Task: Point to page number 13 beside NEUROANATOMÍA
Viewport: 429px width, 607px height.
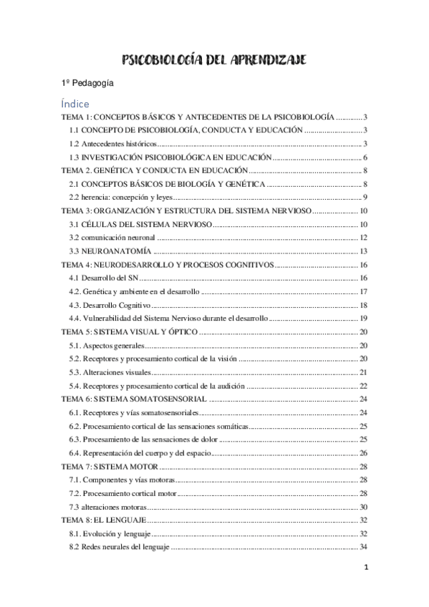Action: [363, 251]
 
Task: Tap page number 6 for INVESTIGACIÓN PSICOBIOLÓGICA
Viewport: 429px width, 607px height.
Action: [365, 157]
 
